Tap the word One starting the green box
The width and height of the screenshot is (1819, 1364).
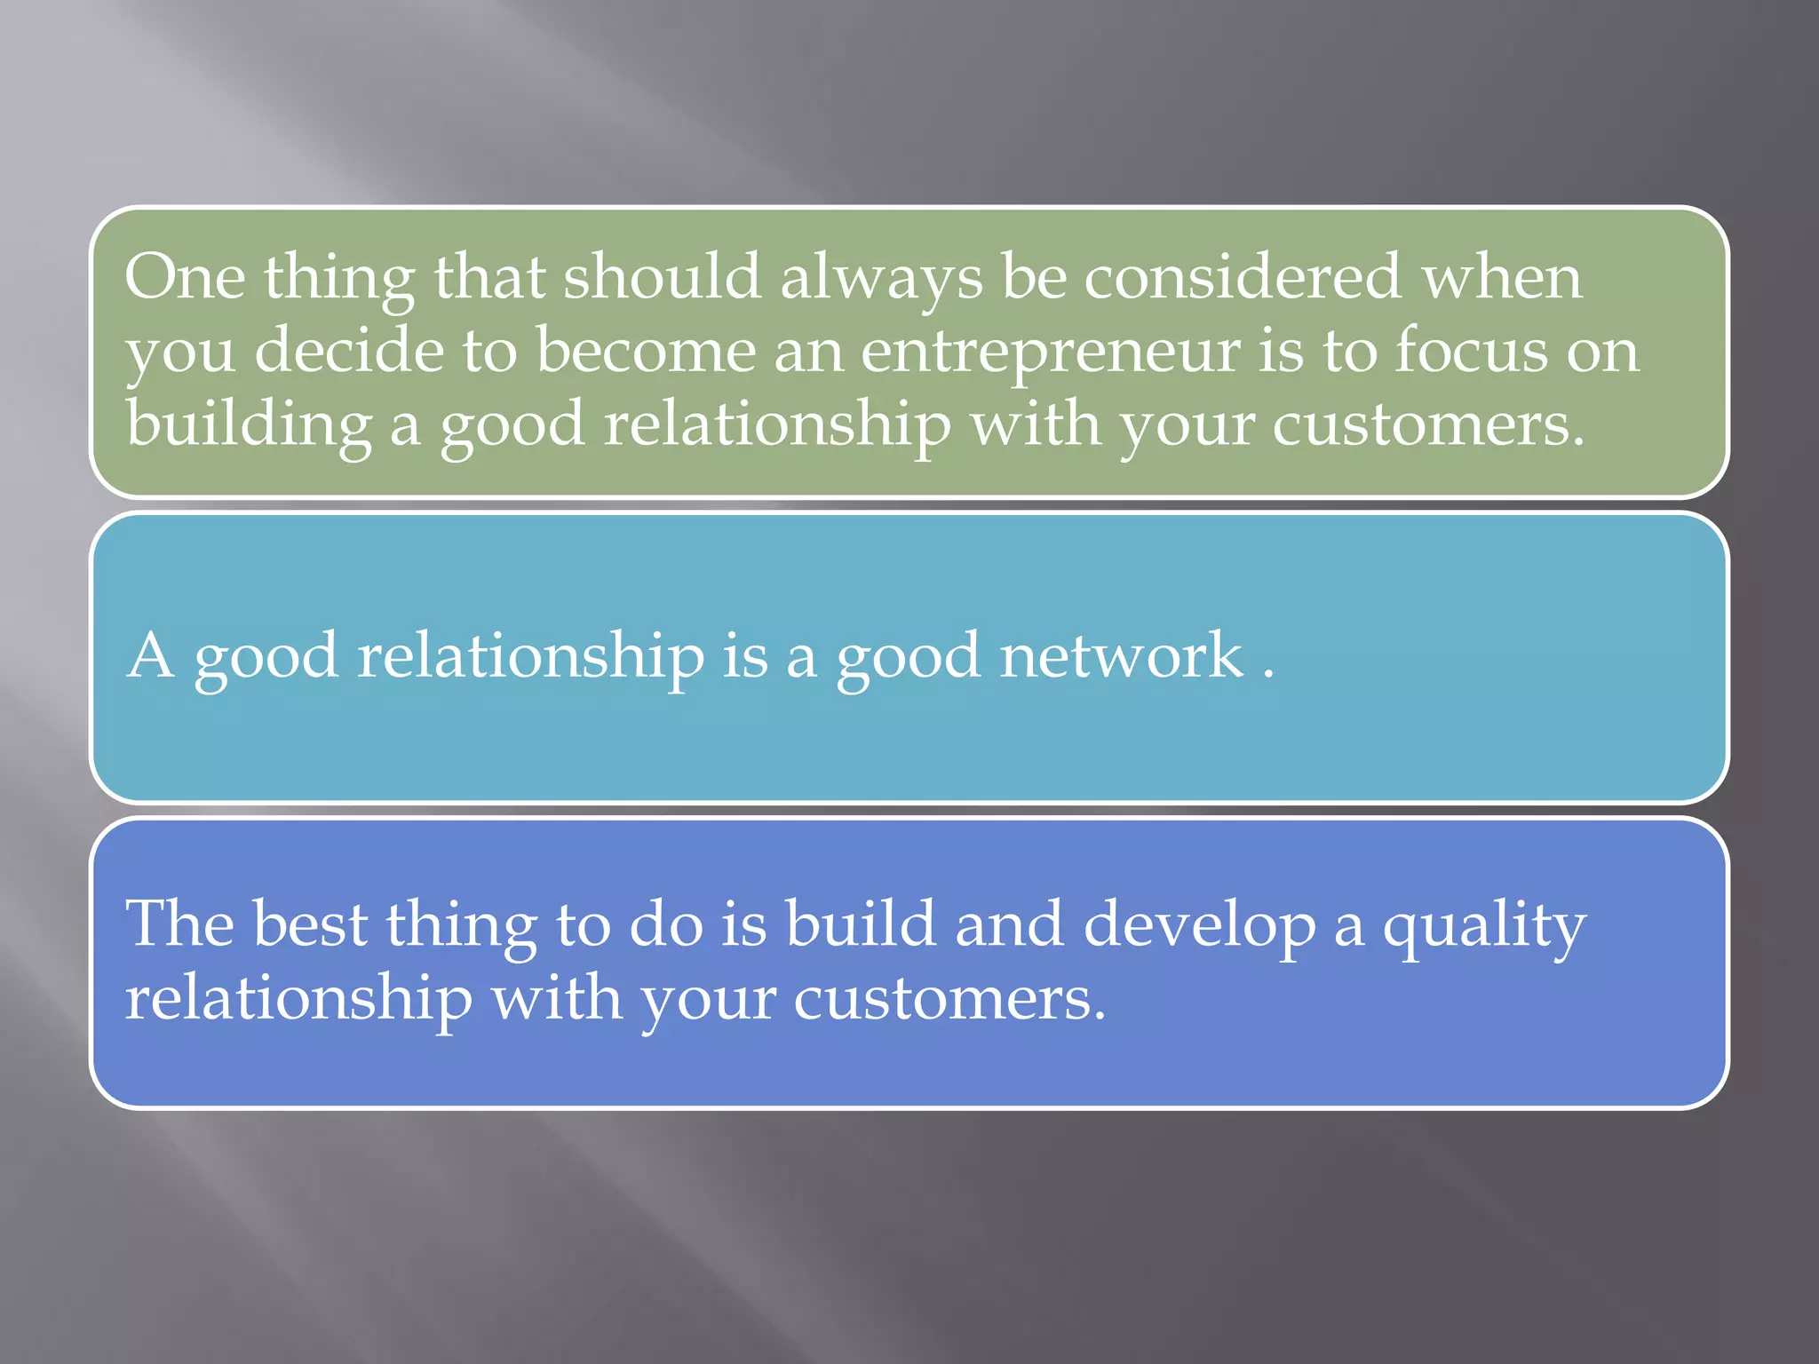(185, 277)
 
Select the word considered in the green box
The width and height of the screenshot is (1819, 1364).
(1243, 277)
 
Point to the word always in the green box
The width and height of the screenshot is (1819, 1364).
(881, 279)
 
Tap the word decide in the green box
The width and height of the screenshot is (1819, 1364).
(349, 351)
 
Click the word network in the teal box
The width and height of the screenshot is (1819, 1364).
(1121, 656)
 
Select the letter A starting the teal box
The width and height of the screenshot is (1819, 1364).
(150, 656)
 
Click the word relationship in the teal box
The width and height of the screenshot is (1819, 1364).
(530, 658)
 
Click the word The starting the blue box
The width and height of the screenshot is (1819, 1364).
(180, 924)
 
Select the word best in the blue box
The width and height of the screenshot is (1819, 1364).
(310, 924)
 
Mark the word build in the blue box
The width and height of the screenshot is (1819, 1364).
(861, 924)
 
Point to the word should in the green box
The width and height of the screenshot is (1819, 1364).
(663, 277)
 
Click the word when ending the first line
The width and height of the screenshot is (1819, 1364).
(1503, 279)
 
